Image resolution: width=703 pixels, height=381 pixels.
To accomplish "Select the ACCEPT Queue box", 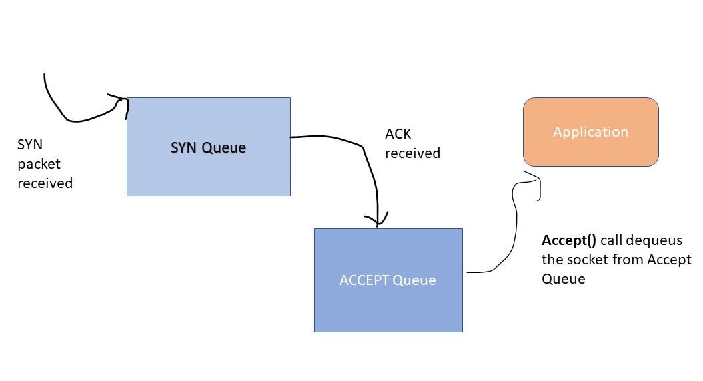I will click(388, 303).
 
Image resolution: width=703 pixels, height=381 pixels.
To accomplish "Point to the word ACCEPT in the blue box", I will click(364, 280).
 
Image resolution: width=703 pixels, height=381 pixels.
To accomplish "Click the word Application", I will click(590, 131).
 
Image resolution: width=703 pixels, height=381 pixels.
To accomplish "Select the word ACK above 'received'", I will click(398, 134).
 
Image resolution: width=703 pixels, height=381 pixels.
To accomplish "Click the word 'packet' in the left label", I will click(39, 164).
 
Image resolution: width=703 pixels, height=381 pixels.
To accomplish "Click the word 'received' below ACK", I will click(412, 153).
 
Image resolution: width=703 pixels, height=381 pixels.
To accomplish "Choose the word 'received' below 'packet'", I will click(45, 183).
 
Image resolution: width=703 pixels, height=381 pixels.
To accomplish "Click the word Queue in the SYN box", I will click(225, 147).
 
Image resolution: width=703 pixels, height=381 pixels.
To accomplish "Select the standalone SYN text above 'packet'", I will click(30, 145).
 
